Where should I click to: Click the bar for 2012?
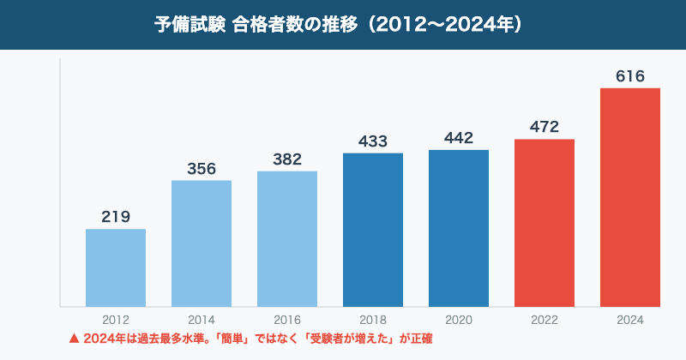pos(116,267)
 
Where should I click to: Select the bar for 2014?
pos(202,243)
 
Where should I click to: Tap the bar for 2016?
pos(287,238)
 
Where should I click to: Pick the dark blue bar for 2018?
pos(373,230)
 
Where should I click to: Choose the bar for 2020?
pos(459,228)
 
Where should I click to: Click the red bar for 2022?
pos(545,223)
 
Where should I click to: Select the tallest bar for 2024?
pos(630,197)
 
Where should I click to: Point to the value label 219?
pos(116,217)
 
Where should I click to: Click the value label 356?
pos(202,168)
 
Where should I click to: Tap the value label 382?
pos(287,159)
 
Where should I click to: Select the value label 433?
pos(373,141)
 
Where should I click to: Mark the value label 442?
pos(459,138)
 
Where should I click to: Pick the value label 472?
pos(545,127)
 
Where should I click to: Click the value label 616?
pos(630,76)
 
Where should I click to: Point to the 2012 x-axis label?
pos(116,320)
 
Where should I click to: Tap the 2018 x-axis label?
pos(373,320)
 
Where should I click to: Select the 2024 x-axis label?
pos(630,320)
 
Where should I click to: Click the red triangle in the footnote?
pos(74,339)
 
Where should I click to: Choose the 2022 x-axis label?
pos(545,320)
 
